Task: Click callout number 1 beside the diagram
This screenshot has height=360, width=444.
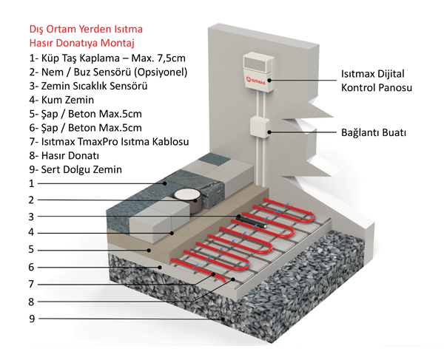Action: pos(30,183)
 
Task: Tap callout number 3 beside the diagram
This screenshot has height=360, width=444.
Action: pos(30,217)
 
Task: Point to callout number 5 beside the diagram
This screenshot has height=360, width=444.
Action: pos(30,250)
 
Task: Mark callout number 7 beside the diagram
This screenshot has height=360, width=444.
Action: pos(30,284)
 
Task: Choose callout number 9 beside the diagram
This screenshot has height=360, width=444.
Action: pos(30,319)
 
